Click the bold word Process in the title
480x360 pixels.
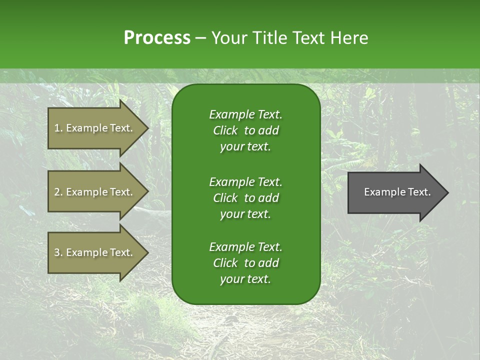[157, 38]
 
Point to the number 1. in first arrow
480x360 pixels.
[58, 128]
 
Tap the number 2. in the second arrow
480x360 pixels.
[58, 192]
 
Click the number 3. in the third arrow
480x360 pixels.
[58, 252]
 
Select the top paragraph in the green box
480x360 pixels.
[245, 130]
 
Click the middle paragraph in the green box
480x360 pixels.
[245, 198]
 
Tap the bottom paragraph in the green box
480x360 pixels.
[245, 263]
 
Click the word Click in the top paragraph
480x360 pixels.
[225, 130]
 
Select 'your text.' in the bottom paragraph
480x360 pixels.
[245, 279]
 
